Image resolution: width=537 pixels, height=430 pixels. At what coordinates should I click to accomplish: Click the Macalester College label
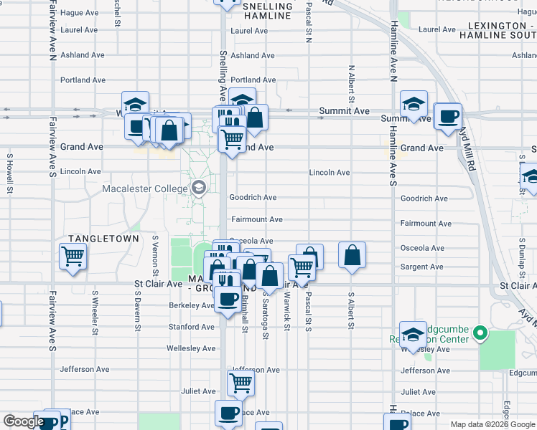[x=144, y=189]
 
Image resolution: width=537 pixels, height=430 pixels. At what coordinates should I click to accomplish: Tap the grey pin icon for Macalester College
[x=199, y=188]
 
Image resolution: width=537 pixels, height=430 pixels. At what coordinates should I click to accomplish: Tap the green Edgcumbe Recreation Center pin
[x=481, y=333]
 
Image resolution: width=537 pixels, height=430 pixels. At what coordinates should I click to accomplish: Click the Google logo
[x=23, y=421]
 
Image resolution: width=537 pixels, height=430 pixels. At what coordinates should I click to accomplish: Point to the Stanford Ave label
[x=191, y=327]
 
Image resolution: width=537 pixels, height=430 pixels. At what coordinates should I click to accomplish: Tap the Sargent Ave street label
[x=422, y=267]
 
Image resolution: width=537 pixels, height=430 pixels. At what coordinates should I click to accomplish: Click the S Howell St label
[x=10, y=173]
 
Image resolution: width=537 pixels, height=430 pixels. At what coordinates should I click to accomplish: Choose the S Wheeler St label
[x=95, y=312]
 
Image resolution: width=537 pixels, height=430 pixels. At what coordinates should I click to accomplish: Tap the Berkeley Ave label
[x=192, y=305]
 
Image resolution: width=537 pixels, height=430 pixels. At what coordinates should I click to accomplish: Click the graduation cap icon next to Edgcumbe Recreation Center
[x=413, y=333]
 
